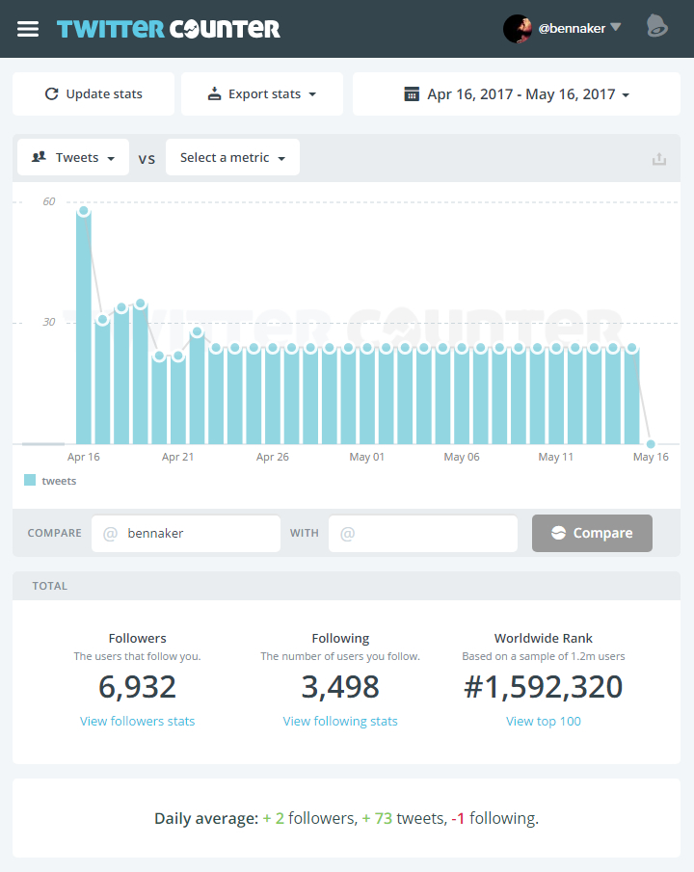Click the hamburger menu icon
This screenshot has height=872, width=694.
click(28, 29)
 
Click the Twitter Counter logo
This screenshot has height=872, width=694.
click(169, 29)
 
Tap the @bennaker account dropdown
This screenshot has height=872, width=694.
click(563, 28)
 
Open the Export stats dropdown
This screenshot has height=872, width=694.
click(262, 94)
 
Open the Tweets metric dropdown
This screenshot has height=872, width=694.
click(74, 157)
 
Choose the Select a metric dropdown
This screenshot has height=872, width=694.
click(232, 157)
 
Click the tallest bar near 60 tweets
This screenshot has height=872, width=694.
click(84, 328)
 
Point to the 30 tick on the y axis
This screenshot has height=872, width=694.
click(48, 322)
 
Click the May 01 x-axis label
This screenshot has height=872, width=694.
click(366, 457)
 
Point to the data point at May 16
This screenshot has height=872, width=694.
click(651, 443)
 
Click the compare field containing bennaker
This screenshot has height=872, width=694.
click(186, 533)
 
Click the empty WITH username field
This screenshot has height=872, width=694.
click(423, 533)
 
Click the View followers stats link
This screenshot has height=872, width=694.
click(138, 721)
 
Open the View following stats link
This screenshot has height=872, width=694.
click(340, 721)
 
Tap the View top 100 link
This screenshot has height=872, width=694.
click(544, 721)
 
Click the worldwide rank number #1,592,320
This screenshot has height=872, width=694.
click(544, 687)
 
